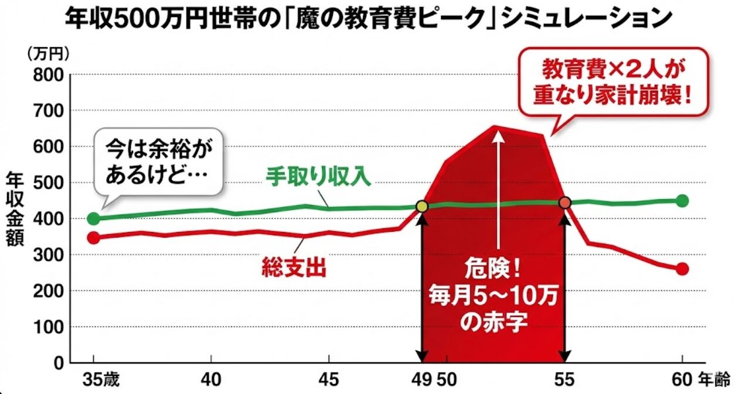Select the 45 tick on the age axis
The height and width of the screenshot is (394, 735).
click(x=329, y=379)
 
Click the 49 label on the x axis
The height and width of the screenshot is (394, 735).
click(x=423, y=379)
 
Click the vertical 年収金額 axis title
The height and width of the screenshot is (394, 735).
click(x=16, y=210)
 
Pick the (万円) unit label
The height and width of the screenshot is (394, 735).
click(x=49, y=53)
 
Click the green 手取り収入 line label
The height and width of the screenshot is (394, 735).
click(x=319, y=177)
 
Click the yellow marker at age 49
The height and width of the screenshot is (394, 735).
click(x=422, y=206)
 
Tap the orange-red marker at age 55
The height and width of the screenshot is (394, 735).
click(x=565, y=203)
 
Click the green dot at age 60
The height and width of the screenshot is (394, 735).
click(x=682, y=201)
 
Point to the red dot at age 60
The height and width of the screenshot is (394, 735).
click(x=682, y=269)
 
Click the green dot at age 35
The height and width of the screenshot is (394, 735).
click(x=94, y=219)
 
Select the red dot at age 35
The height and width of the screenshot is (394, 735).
click(x=94, y=238)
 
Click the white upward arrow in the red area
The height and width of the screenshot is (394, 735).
click(x=498, y=187)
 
